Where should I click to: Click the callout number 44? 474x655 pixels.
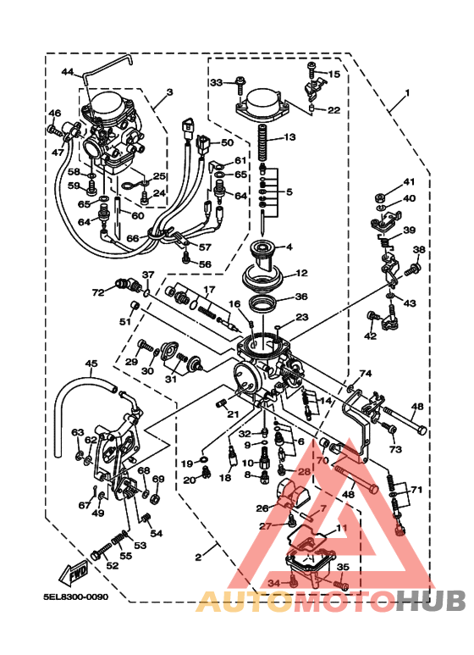click(x=68, y=72)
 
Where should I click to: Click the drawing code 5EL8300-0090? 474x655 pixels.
click(x=76, y=597)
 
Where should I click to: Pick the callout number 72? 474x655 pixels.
click(x=98, y=292)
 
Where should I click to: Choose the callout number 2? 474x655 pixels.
click(x=198, y=558)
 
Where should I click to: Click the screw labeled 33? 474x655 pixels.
click(x=240, y=83)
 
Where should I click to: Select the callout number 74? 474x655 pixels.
click(x=366, y=374)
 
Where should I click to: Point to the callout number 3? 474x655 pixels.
click(x=169, y=92)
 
